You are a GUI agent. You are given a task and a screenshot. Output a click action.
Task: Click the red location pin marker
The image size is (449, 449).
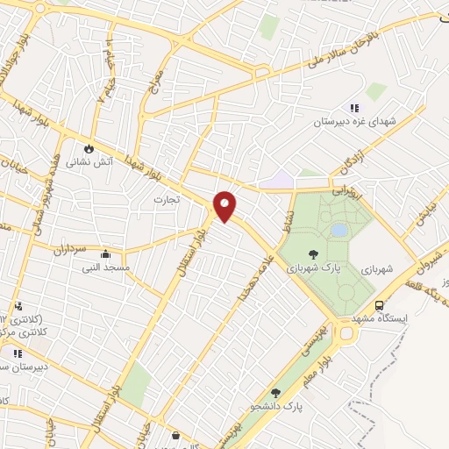225,206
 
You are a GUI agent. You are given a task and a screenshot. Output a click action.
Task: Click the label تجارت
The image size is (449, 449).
166,199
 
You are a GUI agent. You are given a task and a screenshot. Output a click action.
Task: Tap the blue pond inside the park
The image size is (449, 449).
339,230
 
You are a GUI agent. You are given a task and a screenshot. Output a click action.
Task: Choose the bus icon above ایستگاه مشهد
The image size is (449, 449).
379,305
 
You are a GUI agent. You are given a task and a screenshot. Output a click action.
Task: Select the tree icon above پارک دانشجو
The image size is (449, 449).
276,393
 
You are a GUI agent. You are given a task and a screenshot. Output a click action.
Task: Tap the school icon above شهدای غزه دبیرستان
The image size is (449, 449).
354,108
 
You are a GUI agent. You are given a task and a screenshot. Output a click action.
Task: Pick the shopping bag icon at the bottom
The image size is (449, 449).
175,435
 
